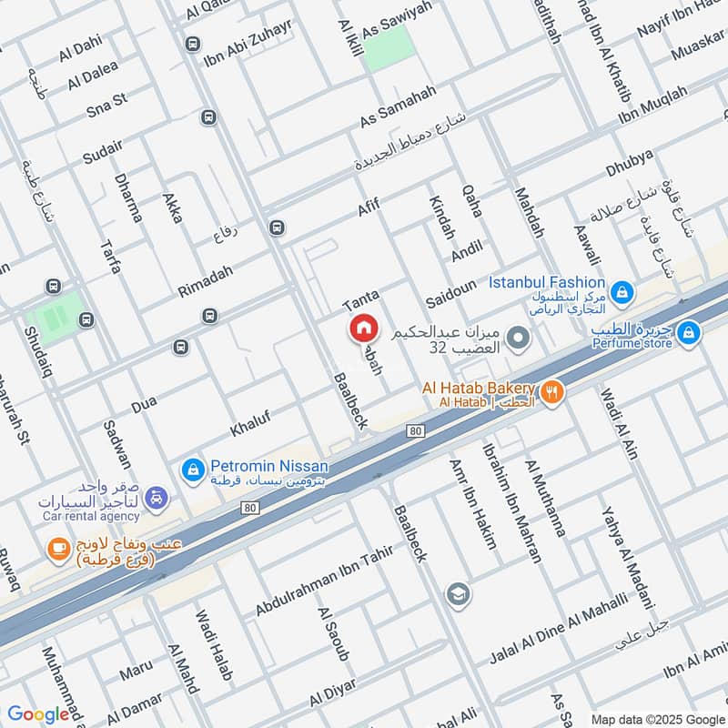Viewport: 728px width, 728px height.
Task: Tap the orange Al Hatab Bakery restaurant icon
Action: (552, 392)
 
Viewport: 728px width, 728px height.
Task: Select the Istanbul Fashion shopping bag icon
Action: (622, 292)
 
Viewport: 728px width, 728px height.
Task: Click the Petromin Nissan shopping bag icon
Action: (192, 470)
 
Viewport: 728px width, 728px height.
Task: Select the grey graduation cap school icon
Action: (458, 596)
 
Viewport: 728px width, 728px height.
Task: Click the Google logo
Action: (38, 714)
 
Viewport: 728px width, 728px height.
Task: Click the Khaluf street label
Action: (250, 420)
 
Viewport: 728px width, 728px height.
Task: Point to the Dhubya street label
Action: (630, 161)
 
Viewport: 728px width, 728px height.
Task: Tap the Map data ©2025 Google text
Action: (656, 718)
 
